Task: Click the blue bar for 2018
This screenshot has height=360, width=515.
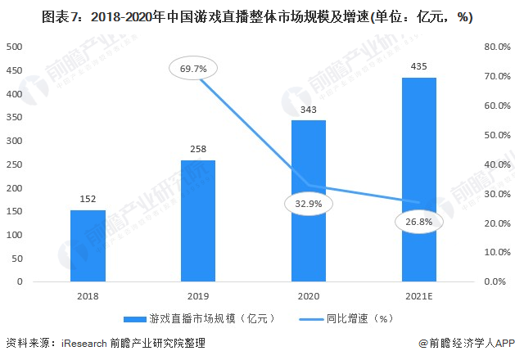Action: coord(88,245)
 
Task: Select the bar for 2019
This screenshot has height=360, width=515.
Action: coord(198,221)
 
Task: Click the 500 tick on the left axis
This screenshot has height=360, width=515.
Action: coord(16,47)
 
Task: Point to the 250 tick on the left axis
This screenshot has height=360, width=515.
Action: coord(16,164)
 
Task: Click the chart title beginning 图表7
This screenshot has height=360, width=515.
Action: coord(257,16)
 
